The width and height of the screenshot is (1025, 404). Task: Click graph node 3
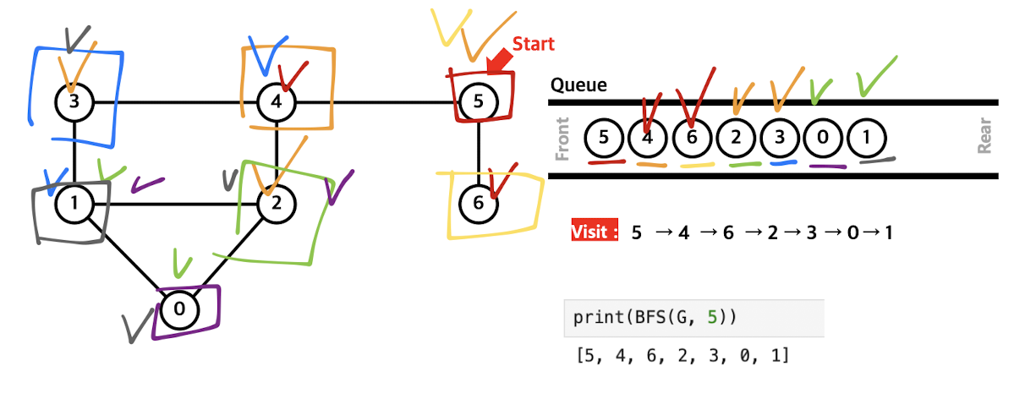[74, 103]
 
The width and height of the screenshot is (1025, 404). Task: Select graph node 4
[277, 103]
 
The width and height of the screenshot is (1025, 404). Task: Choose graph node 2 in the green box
[277, 204]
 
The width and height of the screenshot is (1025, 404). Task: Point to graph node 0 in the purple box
[179, 309]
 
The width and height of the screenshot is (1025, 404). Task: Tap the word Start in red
[534, 44]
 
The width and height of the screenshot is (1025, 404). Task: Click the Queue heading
[578, 85]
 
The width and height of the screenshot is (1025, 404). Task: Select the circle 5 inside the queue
[604, 139]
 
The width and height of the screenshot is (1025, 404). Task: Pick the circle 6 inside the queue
[693, 139]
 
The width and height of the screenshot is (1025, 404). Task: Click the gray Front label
[562, 139]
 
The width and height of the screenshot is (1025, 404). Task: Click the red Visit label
[595, 232]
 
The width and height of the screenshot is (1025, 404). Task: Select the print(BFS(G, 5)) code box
[693, 319]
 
